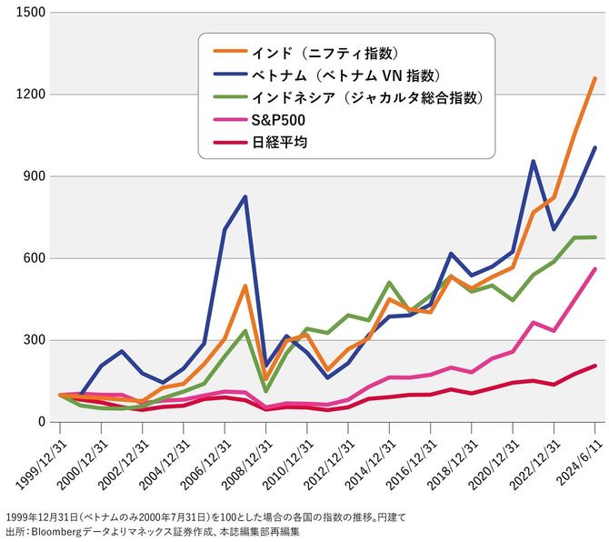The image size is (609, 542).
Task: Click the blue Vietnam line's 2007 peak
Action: coord(245,196)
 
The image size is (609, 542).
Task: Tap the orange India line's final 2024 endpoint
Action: coord(594,78)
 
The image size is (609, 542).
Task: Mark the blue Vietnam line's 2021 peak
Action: coord(533,162)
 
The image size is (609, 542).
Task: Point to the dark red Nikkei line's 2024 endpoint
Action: coord(594,366)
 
